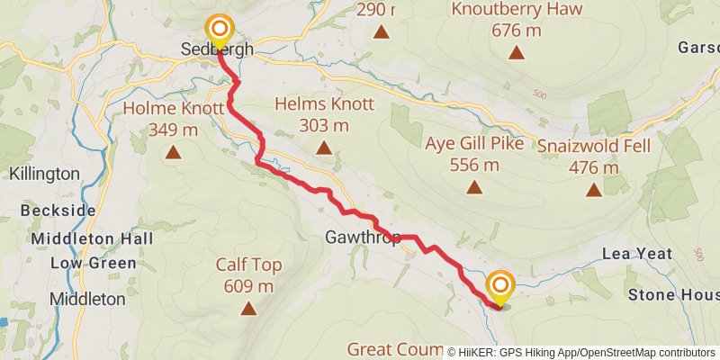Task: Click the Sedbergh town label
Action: click(x=216, y=49)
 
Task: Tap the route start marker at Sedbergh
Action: click(x=218, y=29)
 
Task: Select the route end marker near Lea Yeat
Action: click(x=500, y=287)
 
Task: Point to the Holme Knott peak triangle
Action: click(x=172, y=152)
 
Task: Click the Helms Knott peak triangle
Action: click(x=324, y=148)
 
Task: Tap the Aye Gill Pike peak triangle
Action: click(x=473, y=187)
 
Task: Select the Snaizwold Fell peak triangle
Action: click(x=593, y=189)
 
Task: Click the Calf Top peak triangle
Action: click(x=247, y=310)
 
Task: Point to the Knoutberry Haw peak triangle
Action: click(x=517, y=52)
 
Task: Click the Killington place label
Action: click(x=45, y=173)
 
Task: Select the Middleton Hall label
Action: click(x=92, y=238)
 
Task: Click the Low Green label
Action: click(x=93, y=263)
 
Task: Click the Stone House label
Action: click(x=673, y=294)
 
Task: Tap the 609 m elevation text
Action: click(x=247, y=286)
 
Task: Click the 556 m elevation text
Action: click(x=473, y=165)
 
